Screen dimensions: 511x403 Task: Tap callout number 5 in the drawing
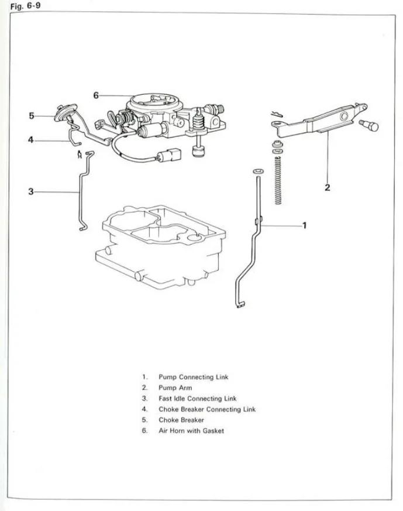tap(32, 115)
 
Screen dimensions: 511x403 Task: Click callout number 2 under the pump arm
tap(328, 188)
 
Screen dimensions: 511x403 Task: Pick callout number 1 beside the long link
tap(304, 225)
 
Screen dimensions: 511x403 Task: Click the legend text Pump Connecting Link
tap(194, 377)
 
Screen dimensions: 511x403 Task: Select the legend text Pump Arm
tap(175, 387)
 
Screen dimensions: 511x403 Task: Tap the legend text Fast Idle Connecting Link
tap(197, 399)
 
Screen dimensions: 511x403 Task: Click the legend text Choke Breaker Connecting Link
tap(207, 409)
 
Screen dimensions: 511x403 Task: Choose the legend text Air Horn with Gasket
tap(191, 431)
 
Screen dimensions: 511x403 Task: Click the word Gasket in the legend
tap(213, 431)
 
